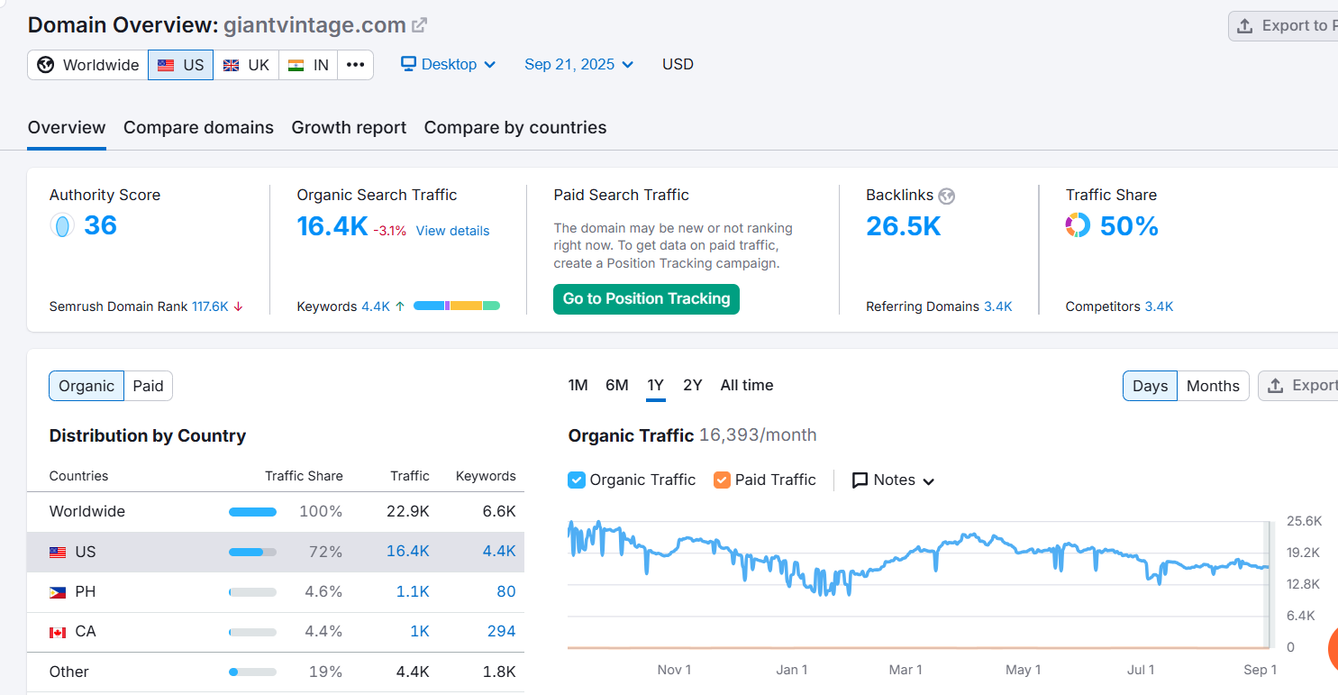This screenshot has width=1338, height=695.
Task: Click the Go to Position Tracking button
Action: (x=646, y=298)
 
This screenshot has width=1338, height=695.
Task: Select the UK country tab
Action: (x=246, y=65)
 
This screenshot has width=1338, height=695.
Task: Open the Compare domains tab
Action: (x=198, y=127)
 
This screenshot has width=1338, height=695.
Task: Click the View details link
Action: (x=452, y=231)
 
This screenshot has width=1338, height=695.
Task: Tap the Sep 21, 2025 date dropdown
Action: (x=578, y=65)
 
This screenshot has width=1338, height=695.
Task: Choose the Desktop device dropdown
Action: (x=448, y=65)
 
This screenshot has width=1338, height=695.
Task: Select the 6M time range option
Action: (x=616, y=386)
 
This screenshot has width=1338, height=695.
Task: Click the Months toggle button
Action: (x=1213, y=386)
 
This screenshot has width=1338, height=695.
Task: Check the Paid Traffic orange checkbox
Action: (x=722, y=480)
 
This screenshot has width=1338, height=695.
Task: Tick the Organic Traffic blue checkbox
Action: (x=577, y=480)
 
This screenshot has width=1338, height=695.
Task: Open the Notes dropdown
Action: (x=893, y=480)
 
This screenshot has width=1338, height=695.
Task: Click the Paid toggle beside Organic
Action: (x=148, y=386)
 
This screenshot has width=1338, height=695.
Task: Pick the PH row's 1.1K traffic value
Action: (x=412, y=591)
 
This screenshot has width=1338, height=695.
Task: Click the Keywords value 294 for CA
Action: (x=501, y=631)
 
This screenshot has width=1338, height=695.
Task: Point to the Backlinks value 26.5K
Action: (x=903, y=226)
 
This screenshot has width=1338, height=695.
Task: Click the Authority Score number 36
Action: (x=100, y=225)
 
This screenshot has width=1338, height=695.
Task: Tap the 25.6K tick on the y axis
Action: (x=1304, y=520)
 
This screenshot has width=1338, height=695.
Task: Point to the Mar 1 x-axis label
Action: (x=905, y=669)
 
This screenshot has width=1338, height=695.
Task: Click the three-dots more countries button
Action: (x=355, y=65)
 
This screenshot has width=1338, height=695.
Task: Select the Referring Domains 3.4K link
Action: (x=997, y=306)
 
